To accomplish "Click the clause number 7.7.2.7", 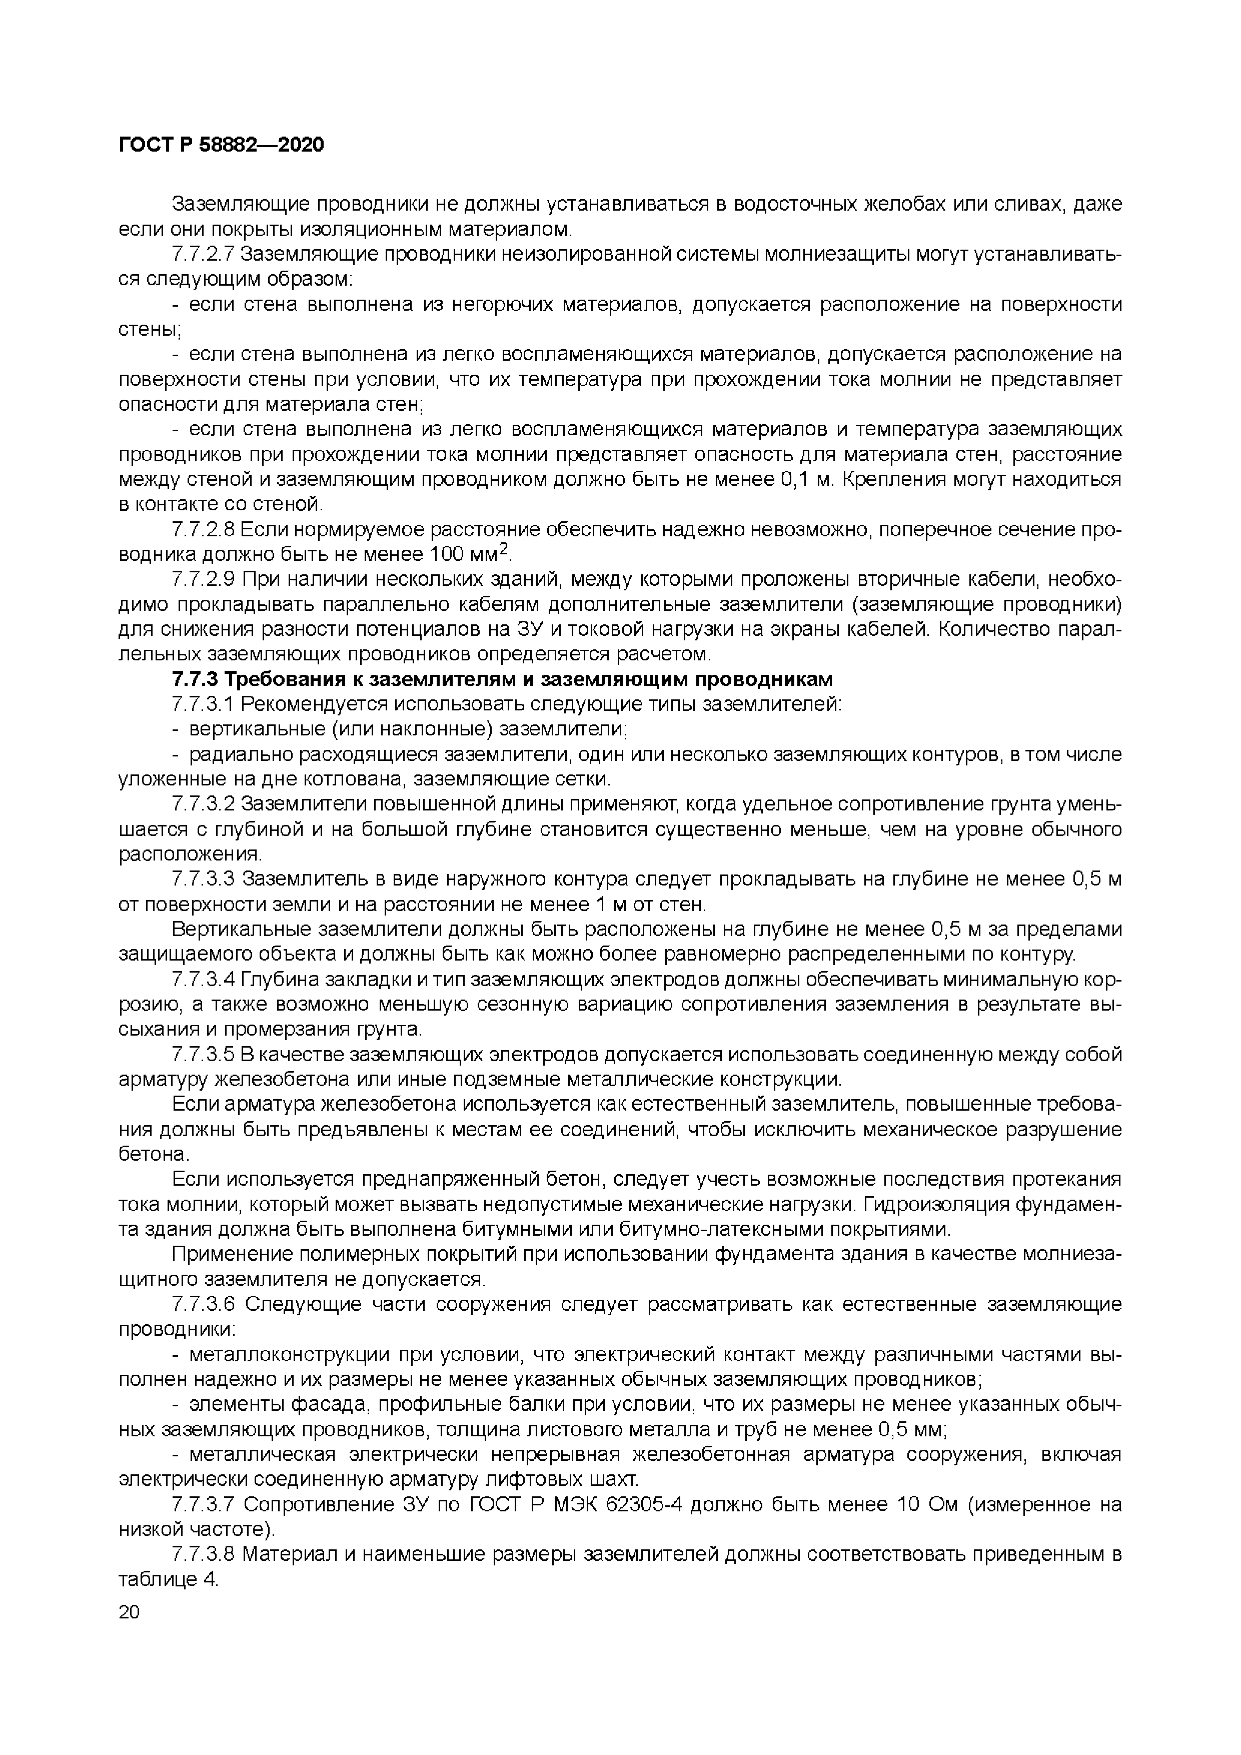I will [203, 254].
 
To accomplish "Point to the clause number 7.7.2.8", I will [203, 530].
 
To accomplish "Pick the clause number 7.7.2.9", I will [203, 579].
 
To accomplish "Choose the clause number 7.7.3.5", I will [203, 1055].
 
